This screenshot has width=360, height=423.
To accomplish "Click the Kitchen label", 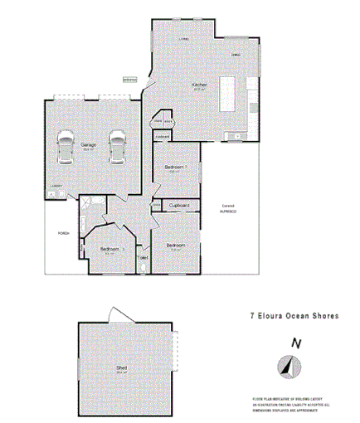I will click(198, 85).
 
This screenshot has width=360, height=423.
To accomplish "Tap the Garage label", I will click(88, 144).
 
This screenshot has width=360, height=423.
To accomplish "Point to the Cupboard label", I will click(181, 206).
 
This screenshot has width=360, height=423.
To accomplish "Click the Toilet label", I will click(143, 259).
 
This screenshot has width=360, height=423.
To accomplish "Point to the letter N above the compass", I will click(294, 342).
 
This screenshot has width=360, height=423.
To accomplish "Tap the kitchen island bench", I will click(228, 95).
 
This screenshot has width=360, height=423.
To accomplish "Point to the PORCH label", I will click(62, 233).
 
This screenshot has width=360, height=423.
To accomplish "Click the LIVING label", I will click(187, 39).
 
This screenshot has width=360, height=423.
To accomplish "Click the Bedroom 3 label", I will click(112, 249).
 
